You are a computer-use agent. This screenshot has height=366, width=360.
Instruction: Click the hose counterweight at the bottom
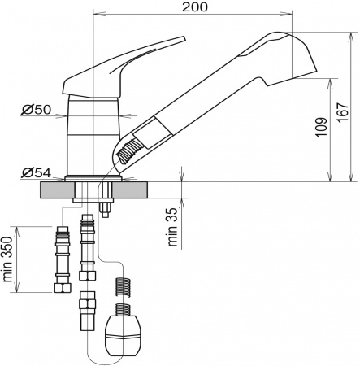(x=124, y=333)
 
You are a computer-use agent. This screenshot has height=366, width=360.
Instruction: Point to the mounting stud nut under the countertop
(x=105, y=207)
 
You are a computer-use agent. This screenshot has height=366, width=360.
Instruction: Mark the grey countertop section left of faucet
(x=55, y=190)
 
